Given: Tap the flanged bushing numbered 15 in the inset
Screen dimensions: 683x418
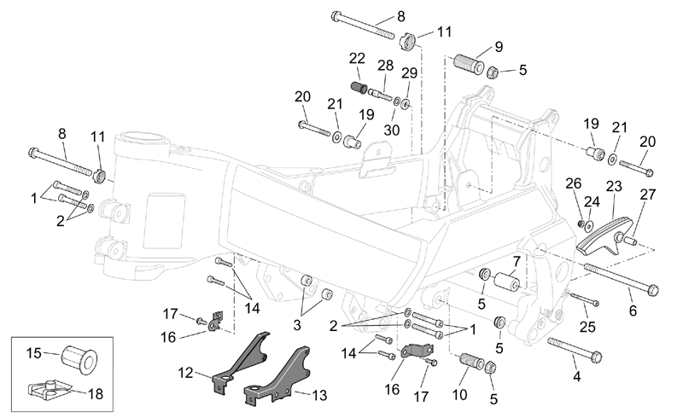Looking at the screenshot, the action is tap(79, 358).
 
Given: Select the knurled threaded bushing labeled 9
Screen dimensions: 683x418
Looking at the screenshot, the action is tap(469, 64).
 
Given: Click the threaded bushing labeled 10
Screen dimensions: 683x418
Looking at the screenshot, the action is tap(472, 361).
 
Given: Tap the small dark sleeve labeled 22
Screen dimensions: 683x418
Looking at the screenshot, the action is tap(359, 86).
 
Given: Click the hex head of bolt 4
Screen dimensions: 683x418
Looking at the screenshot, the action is tap(596, 357).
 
